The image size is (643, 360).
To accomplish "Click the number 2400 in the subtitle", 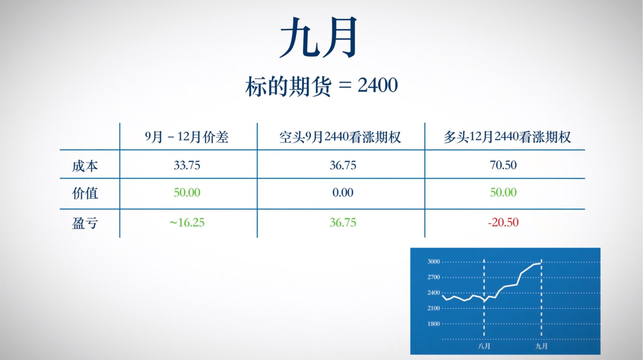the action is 378,85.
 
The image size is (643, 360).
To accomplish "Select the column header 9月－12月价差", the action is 187,137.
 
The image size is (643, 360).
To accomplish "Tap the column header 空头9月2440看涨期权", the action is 340,137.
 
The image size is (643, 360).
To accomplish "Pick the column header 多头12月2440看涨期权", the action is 507,137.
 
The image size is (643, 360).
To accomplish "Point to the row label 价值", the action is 85,193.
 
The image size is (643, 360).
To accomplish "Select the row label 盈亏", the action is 85,223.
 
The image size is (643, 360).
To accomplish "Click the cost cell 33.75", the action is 187,165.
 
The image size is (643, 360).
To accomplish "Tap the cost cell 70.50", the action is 503,165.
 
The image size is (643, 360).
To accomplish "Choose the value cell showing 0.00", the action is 343,192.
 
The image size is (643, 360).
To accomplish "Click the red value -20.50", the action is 503,222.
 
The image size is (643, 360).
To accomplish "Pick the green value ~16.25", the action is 187,223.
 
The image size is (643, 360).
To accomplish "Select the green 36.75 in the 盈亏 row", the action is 343,223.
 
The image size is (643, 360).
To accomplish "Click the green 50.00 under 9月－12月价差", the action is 187,192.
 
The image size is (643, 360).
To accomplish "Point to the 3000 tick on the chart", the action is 433,261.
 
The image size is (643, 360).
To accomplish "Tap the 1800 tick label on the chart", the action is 433,324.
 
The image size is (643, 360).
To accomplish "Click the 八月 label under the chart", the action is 484,346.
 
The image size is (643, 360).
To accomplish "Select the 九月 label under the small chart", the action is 541,346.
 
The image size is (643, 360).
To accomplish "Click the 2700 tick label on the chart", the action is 433,277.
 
